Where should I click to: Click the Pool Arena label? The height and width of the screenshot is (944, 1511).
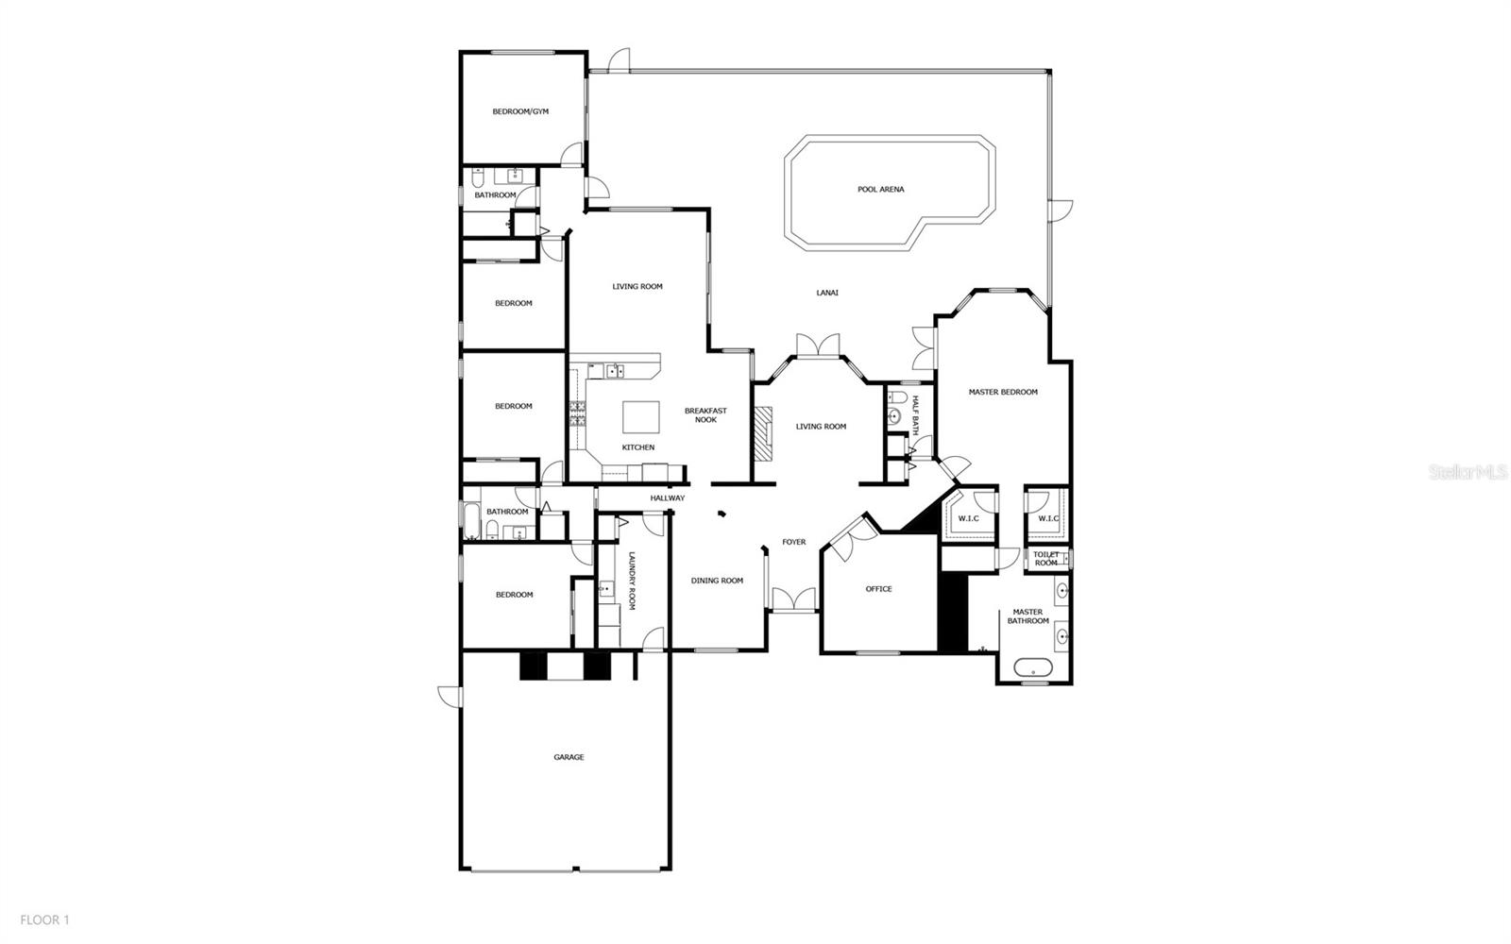[880, 190]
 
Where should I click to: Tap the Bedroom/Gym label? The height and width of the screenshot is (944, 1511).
[520, 111]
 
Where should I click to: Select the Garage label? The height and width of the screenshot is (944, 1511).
[569, 757]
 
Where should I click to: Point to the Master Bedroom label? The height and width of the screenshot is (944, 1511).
[1003, 392]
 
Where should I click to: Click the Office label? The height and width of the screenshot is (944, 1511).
[878, 589]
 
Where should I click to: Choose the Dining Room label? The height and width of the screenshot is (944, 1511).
[717, 581]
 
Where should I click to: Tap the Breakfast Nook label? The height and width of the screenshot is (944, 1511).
[705, 415]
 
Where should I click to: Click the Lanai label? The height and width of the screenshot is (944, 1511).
[827, 293]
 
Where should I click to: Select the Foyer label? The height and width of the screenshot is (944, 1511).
[793, 542]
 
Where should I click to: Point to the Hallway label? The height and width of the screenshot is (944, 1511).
[668, 498]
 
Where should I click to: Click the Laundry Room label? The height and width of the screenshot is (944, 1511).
[632, 581]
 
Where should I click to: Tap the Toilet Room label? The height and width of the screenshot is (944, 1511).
[1045, 559]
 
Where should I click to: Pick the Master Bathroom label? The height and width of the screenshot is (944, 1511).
[1027, 616]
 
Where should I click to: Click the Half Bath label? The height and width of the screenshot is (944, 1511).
[914, 415]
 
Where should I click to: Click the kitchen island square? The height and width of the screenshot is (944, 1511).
[640, 415]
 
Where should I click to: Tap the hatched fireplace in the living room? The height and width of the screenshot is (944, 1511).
[762, 432]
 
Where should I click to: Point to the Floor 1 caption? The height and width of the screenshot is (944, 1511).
[44, 919]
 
